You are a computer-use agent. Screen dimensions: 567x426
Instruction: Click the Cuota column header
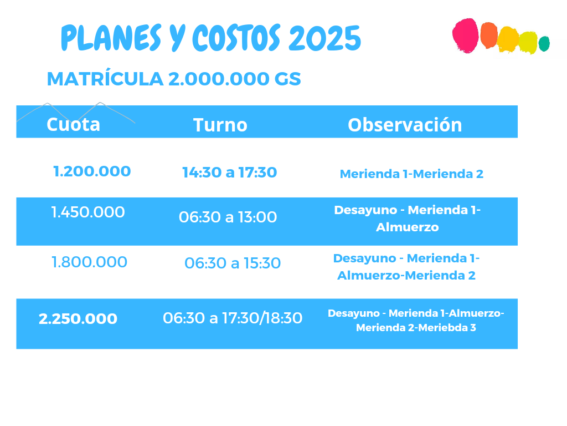click(x=74, y=125)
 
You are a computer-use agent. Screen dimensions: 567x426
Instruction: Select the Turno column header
click(x=220, y=125)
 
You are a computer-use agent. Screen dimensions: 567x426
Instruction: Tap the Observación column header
click(x=405, y=125)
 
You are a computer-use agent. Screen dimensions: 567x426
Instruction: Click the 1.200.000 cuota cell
click(x=92, y=171)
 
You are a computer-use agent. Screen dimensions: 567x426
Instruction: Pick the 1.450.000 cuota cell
click(x=88, y=212)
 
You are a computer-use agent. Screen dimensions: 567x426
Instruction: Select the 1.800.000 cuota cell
click(x=89, y=262)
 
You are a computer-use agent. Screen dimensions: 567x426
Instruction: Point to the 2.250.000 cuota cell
click(x=78, y=319)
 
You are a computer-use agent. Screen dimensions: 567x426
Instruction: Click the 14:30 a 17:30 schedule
click(x=230, y=173)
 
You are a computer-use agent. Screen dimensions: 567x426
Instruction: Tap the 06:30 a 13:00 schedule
click(x=228, y=217)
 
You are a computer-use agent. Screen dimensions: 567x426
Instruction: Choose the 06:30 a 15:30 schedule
click(x=233, y=263)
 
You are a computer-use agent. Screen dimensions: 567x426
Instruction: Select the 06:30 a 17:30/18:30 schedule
click(x=233, y=318)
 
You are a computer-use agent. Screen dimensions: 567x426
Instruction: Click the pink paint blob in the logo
click(x=466, y=35)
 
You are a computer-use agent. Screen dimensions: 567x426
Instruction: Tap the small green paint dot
click(x=544, y=43)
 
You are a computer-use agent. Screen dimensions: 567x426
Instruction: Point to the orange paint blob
click(x=489, y=35)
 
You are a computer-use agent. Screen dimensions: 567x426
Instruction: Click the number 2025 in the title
click(x=324, y=38)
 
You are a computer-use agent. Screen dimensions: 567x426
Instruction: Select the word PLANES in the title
click(x=111, y=38)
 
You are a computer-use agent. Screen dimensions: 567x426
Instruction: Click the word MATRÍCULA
click(x=105, y=78)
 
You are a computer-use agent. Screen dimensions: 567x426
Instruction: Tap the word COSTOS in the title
click(x=236, y=38)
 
